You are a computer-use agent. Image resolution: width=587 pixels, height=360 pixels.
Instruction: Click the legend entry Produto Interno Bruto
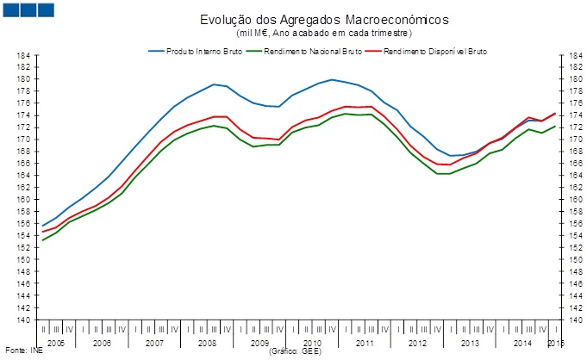click(201, 52)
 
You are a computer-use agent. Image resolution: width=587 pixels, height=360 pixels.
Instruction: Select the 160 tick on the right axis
click(567, 200)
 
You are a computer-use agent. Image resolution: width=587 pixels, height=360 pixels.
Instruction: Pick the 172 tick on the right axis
click(567, 127)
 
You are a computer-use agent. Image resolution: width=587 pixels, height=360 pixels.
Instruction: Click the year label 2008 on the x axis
click(207, 343)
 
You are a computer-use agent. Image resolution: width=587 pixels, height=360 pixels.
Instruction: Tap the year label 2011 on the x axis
click(364, 343)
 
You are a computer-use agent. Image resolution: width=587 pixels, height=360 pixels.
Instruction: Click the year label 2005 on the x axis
click(56, 343)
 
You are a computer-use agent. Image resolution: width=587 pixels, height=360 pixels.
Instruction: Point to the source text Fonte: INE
click(20, 351)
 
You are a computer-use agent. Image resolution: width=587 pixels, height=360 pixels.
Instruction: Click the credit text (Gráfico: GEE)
click(297, 351)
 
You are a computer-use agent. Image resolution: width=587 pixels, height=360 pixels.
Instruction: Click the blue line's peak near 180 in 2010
click(332, 79)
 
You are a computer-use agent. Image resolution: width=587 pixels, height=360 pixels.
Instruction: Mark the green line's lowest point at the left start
click(43, 240)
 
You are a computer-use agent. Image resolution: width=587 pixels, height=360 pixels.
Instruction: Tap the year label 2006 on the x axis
click(102, 343)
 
